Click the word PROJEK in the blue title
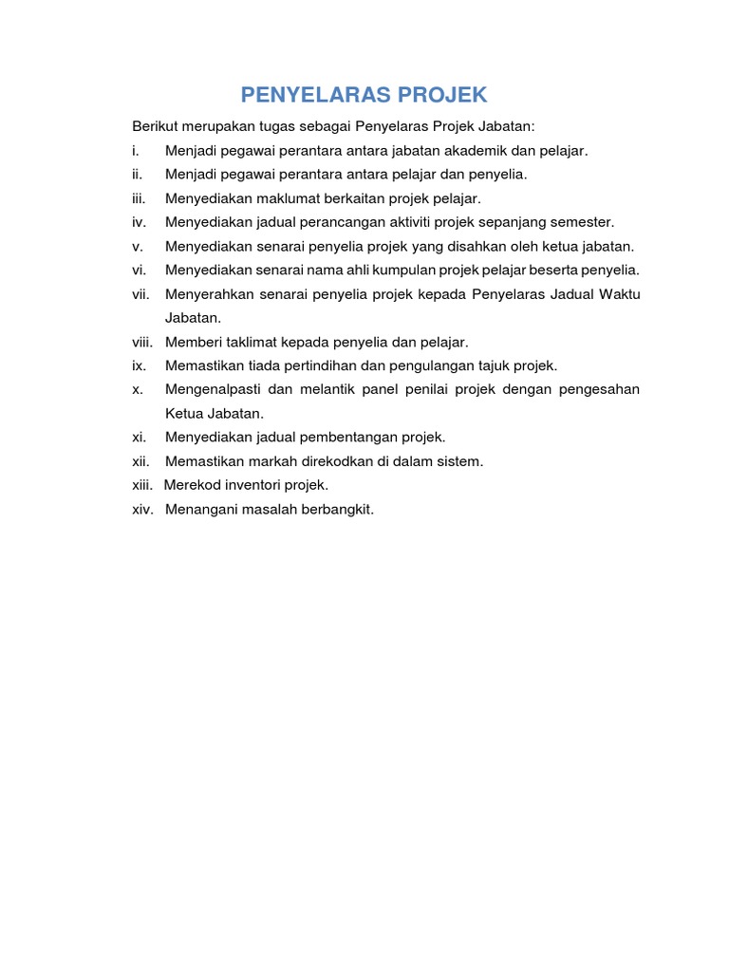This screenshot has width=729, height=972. point(442,95)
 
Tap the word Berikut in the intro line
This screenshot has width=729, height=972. point(155,126)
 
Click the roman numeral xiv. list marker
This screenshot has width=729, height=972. point(144,510)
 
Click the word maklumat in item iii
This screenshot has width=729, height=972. point(290,198)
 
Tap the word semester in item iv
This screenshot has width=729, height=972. point(582,222)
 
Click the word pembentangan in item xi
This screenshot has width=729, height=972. point(346,438)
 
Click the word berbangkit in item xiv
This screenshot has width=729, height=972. point(338,510)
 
